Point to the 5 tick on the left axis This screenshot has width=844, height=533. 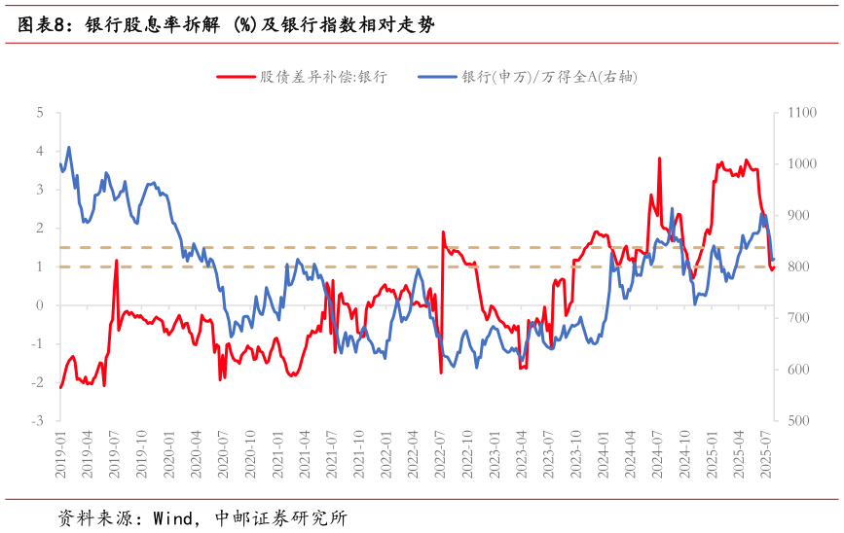[x=40, y=113]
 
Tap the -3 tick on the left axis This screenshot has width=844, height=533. [x=38, y=421]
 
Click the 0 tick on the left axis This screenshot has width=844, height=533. [x=40, y=305]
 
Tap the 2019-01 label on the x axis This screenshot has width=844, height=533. [x=60, y=454]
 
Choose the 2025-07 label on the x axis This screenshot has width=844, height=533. [x=770, y=454]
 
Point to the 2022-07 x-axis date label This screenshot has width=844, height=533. [x=442, y=454]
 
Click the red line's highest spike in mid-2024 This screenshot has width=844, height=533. [x=660, y=158]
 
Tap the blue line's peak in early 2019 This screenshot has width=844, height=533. [x=68, y=147]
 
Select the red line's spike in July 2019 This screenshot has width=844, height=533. [x=117, y=261]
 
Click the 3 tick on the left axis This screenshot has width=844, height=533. [x=40, y=190]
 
